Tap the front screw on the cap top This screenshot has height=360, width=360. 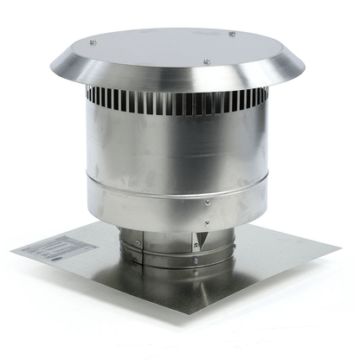click(206, 61)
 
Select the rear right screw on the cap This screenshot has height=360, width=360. click(231, 34)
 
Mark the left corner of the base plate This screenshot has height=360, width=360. click(12, 251)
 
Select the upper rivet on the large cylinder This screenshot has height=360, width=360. click(206, 203)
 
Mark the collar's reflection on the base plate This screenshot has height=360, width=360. click(164, 290)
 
